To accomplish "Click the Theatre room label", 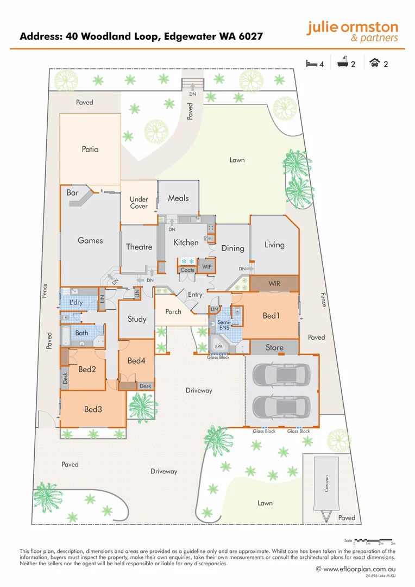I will [139, 247].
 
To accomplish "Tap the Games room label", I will [90, 240].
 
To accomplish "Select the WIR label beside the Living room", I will [274, 284].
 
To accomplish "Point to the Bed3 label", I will [93, 409].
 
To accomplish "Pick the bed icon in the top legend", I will [311, 64].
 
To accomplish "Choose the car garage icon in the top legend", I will [374, 64].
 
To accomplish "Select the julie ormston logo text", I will [352, 32].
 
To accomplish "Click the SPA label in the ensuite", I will [219, 346].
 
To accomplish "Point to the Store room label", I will [274, 347].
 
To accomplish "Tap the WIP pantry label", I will [207, 267].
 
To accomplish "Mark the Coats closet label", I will [187, 270].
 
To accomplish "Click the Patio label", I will [90, 149].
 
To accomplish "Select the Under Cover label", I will [139, 203].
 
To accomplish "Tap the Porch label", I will [173, 311].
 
